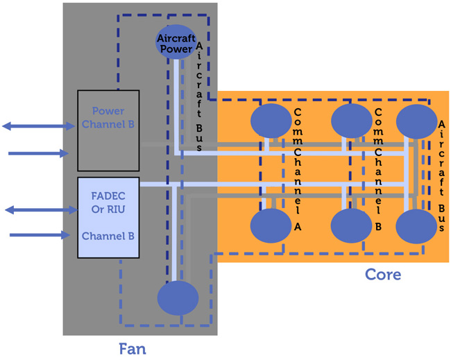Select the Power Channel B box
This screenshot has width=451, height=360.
coord(108,130)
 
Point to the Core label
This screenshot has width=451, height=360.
coord(383,274)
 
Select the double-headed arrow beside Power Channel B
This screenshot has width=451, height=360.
coord(38,126)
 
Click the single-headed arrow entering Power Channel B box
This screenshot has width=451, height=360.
coord(38,153)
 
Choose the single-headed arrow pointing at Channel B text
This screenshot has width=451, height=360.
coord(40,235)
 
